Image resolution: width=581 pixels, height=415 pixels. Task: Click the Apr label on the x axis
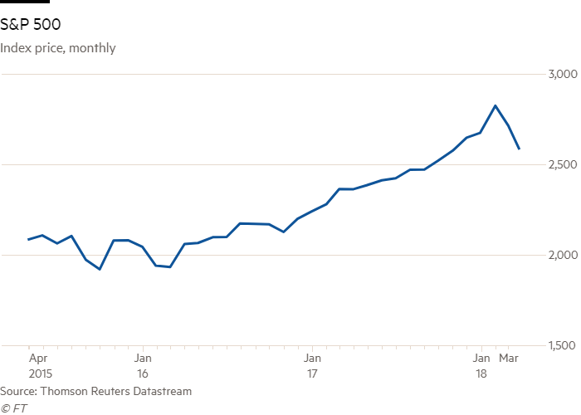tap(37, 359)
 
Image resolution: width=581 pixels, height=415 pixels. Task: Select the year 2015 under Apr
tap(40, 373)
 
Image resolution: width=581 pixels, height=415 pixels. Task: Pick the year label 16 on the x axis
tap(142, 373)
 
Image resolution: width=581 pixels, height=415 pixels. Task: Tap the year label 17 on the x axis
tap(312, 373)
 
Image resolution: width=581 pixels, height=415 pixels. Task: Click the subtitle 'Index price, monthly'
tap(58, 48)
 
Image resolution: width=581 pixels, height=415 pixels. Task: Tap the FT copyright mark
tap(11, 408)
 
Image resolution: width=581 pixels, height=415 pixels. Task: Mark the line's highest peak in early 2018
tap(496, 105)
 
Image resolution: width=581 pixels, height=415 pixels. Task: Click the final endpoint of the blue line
tap(519, 149)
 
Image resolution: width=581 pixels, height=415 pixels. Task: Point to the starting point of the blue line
tap(28, 239)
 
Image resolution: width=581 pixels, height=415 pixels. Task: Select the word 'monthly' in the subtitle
tap(92, 48)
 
